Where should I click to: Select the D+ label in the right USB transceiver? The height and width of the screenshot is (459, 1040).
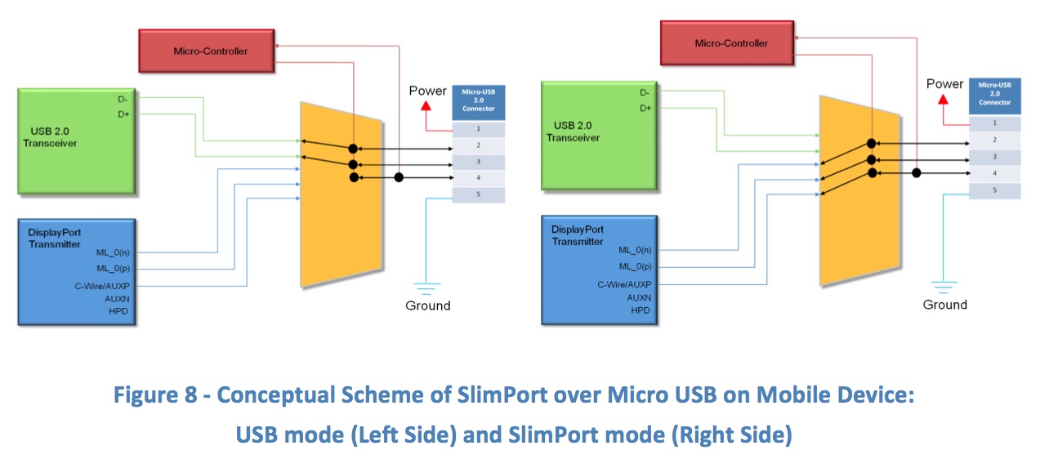645,108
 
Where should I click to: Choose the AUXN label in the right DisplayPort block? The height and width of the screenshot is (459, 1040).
639,297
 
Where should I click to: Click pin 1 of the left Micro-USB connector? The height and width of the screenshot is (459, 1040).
478,130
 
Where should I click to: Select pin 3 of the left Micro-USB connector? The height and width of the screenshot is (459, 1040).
478,162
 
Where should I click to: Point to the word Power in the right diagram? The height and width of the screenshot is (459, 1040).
945,83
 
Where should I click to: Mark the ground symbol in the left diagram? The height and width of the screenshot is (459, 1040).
426,287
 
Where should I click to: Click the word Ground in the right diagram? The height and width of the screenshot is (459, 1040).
944,305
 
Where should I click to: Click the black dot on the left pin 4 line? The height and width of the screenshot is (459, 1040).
398,177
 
